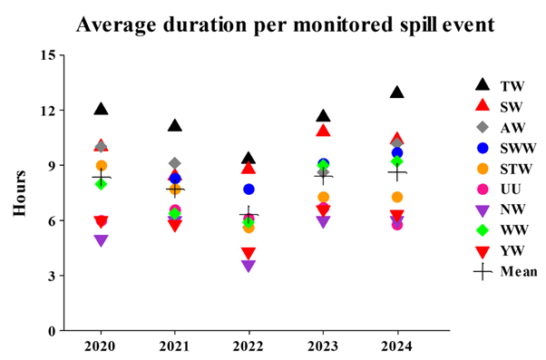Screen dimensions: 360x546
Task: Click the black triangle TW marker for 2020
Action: coord(101,109)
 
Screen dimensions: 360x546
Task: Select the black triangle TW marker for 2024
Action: coord(396,92)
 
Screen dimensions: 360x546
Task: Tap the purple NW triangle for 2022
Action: coord(249,266)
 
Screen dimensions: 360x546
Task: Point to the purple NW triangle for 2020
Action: coord(101,240)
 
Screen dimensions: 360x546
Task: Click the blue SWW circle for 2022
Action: coord(249,189)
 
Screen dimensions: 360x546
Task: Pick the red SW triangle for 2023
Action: coord(323,131)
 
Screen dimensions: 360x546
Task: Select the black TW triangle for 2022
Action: coord(249,159)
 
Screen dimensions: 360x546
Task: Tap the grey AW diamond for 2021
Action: coord(175,163)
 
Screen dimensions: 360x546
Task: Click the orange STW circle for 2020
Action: coord(101,166)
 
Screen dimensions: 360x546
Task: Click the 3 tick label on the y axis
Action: coord(51,276)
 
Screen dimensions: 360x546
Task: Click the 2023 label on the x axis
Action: coord(323,346)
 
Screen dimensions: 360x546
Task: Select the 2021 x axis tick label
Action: coord(175,346)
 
